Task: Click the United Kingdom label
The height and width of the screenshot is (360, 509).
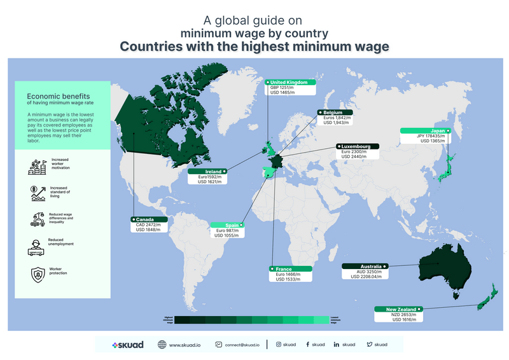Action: pyautogui.click(x=289, y=83)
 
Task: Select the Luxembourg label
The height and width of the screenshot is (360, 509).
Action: pyautogui.click(x=357, y=146)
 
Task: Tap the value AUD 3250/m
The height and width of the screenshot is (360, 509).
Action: pyautogui.click(x=368, y=272)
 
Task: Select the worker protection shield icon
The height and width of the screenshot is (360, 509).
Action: pyautogui.click(x=36, y=273)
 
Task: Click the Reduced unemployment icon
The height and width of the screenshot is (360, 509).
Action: pyautogui.click(x=36, y=246)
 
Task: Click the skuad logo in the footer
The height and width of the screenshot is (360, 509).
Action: pyautogui.click(x=127, y=345)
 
